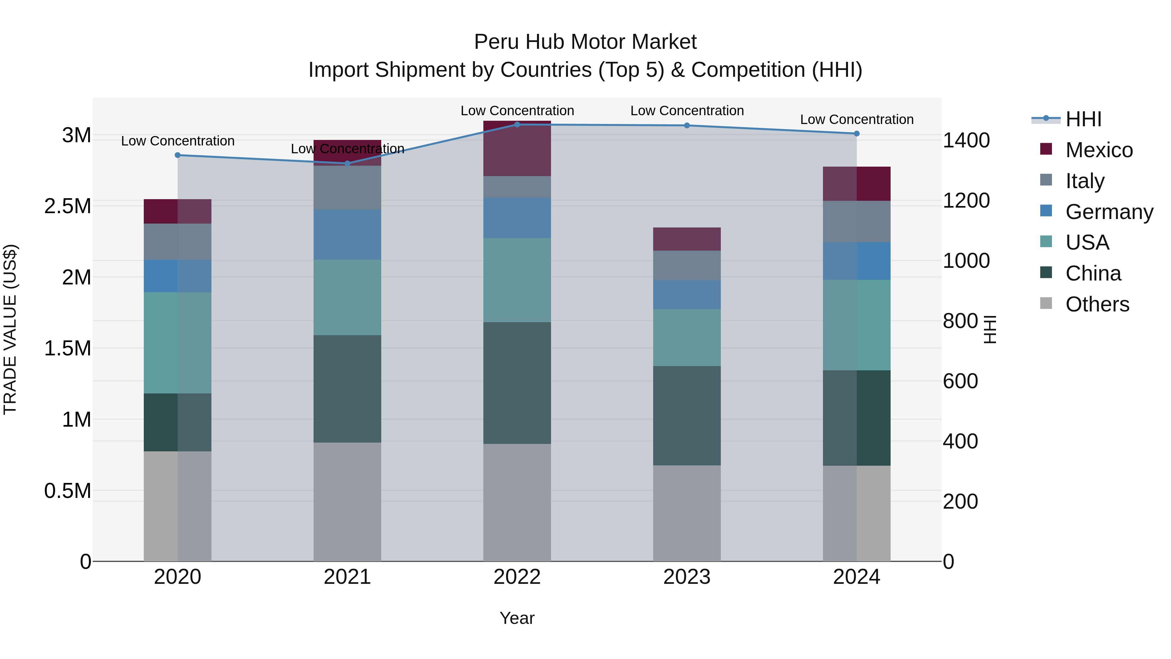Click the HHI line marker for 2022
517,124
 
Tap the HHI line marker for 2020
178,155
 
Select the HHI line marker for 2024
856,133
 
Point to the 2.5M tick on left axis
67,206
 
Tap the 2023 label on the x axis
686,577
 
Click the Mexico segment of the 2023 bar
686,239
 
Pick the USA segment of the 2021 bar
347,297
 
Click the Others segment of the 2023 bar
686,513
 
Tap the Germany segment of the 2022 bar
517,218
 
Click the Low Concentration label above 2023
686,111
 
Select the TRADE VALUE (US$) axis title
10,329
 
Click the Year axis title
517,618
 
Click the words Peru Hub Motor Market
585,42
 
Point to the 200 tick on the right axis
960,501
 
